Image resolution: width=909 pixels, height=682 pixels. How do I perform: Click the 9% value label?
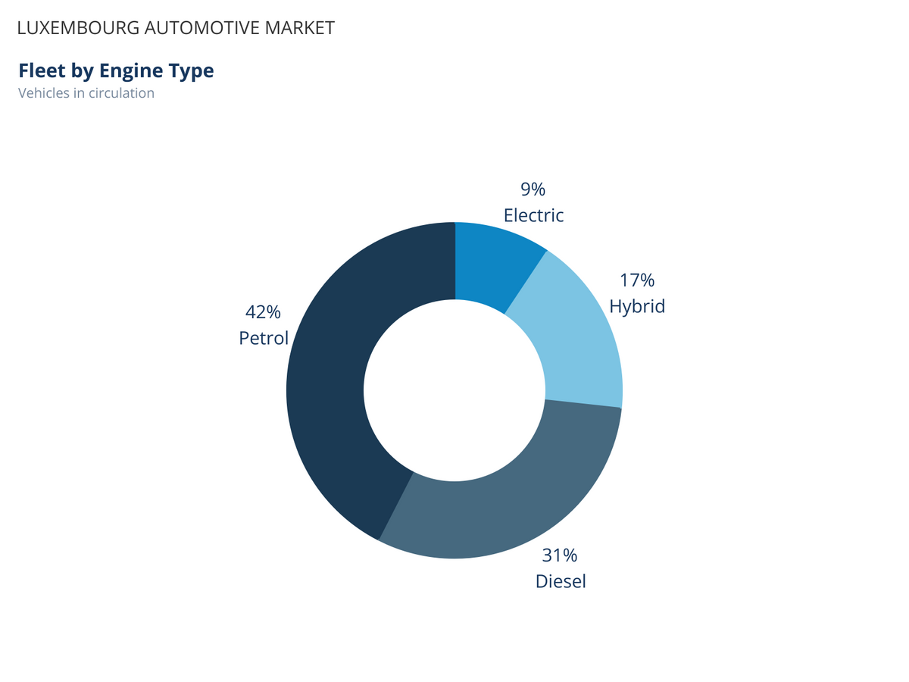point(533,189)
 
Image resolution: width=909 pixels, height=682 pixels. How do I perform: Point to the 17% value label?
point(637,280)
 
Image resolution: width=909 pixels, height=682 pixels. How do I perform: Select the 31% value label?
point(560,555)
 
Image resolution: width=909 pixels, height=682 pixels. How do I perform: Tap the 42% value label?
point(263,311)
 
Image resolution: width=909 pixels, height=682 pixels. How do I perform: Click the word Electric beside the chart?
point(533,215)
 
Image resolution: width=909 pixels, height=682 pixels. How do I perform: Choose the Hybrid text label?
point(637,306)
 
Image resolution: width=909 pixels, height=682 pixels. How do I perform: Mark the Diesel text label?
point(561,581)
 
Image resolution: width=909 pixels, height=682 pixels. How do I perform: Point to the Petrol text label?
point(264,338)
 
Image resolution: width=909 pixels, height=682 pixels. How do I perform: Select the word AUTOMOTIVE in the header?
point(202,28)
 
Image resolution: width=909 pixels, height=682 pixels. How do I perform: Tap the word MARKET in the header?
point(299,28)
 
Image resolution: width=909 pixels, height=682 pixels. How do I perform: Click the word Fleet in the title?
point(42,70)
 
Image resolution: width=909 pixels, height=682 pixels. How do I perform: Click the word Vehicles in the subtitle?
point(43,93)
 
